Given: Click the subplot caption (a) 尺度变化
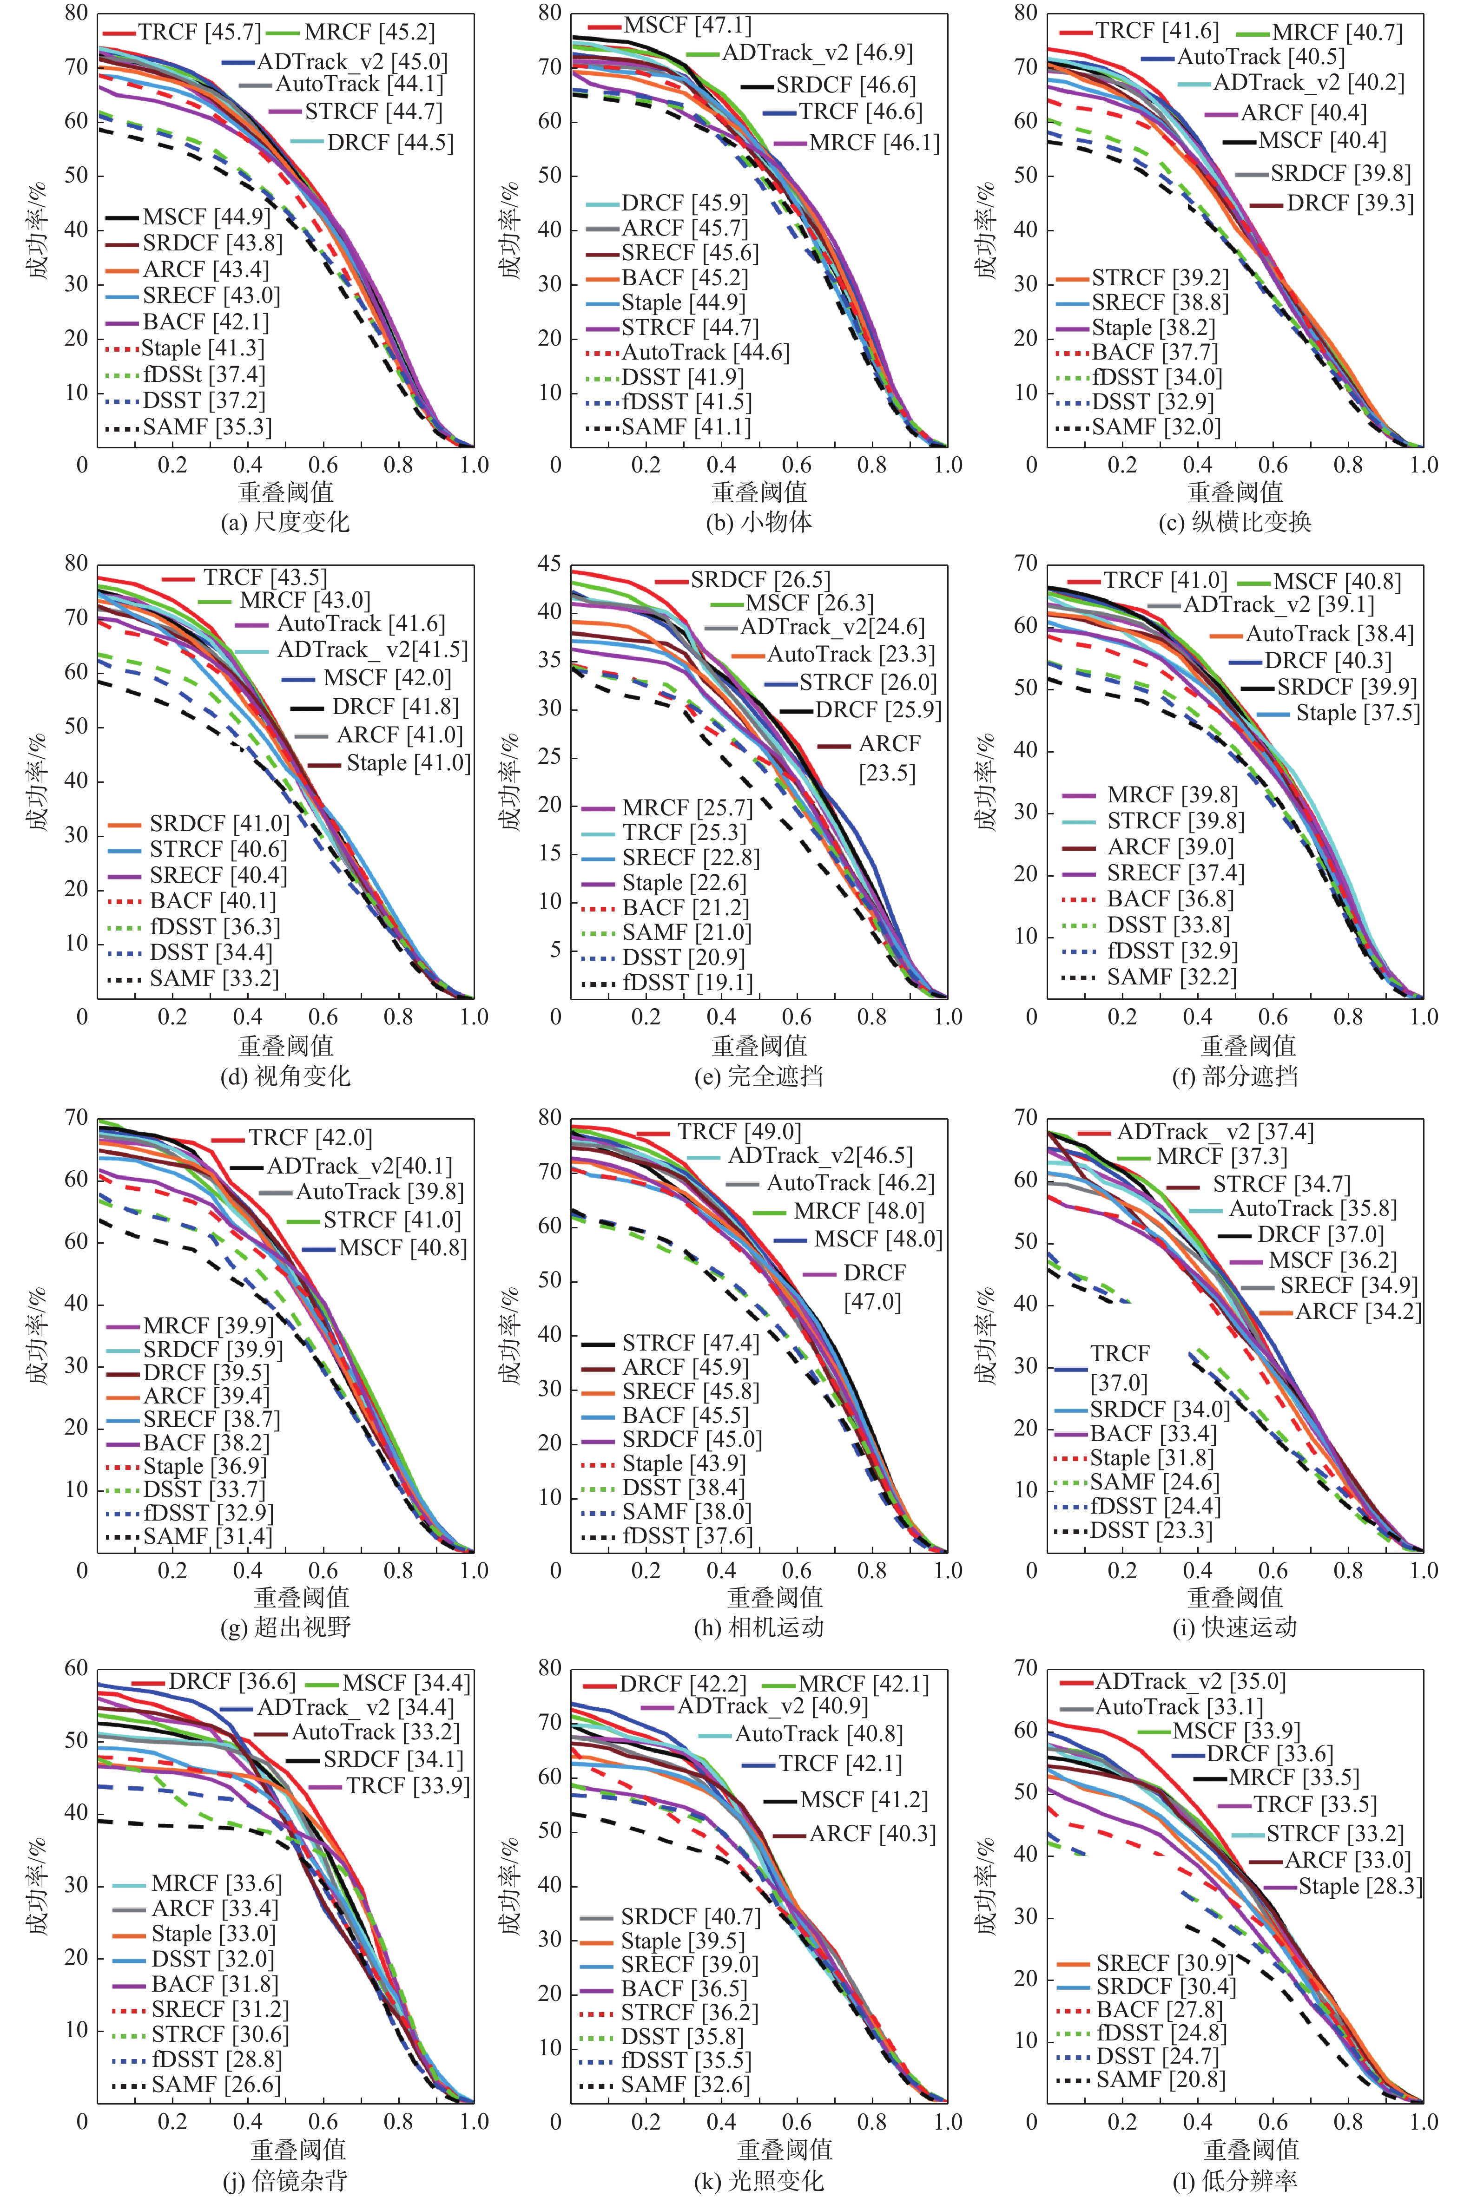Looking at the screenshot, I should (x=285, y=522).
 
